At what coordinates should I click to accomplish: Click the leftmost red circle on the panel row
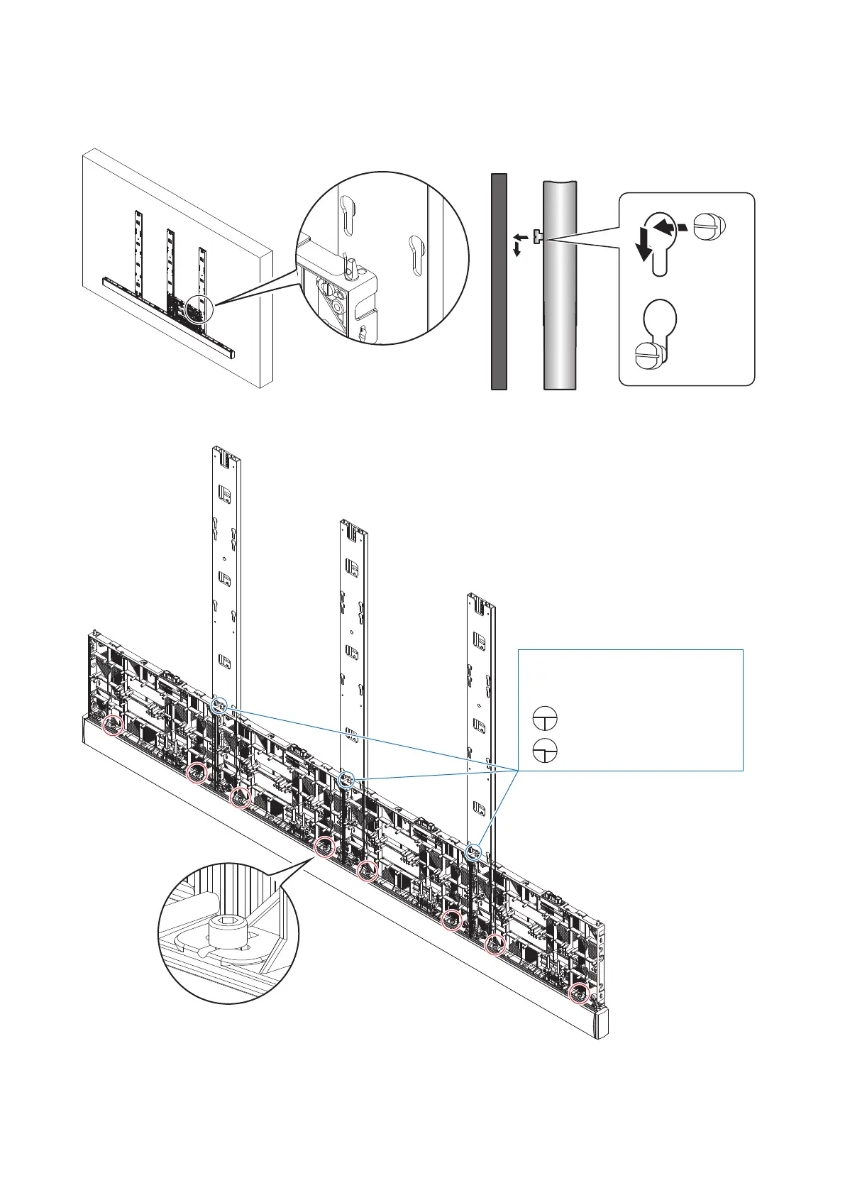[x=113, y=726]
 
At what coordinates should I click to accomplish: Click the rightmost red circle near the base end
[x=580, y=993]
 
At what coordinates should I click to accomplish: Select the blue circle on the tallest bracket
[x=219, y=705]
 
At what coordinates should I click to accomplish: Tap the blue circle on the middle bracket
[x=346, y=780]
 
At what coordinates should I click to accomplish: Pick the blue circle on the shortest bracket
[x=474, y=851]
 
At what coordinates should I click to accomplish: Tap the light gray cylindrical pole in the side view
[x=560, y=284]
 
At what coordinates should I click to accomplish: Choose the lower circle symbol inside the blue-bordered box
[x=545, y=749]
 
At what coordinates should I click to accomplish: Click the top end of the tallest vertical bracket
[x=226, y=450]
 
